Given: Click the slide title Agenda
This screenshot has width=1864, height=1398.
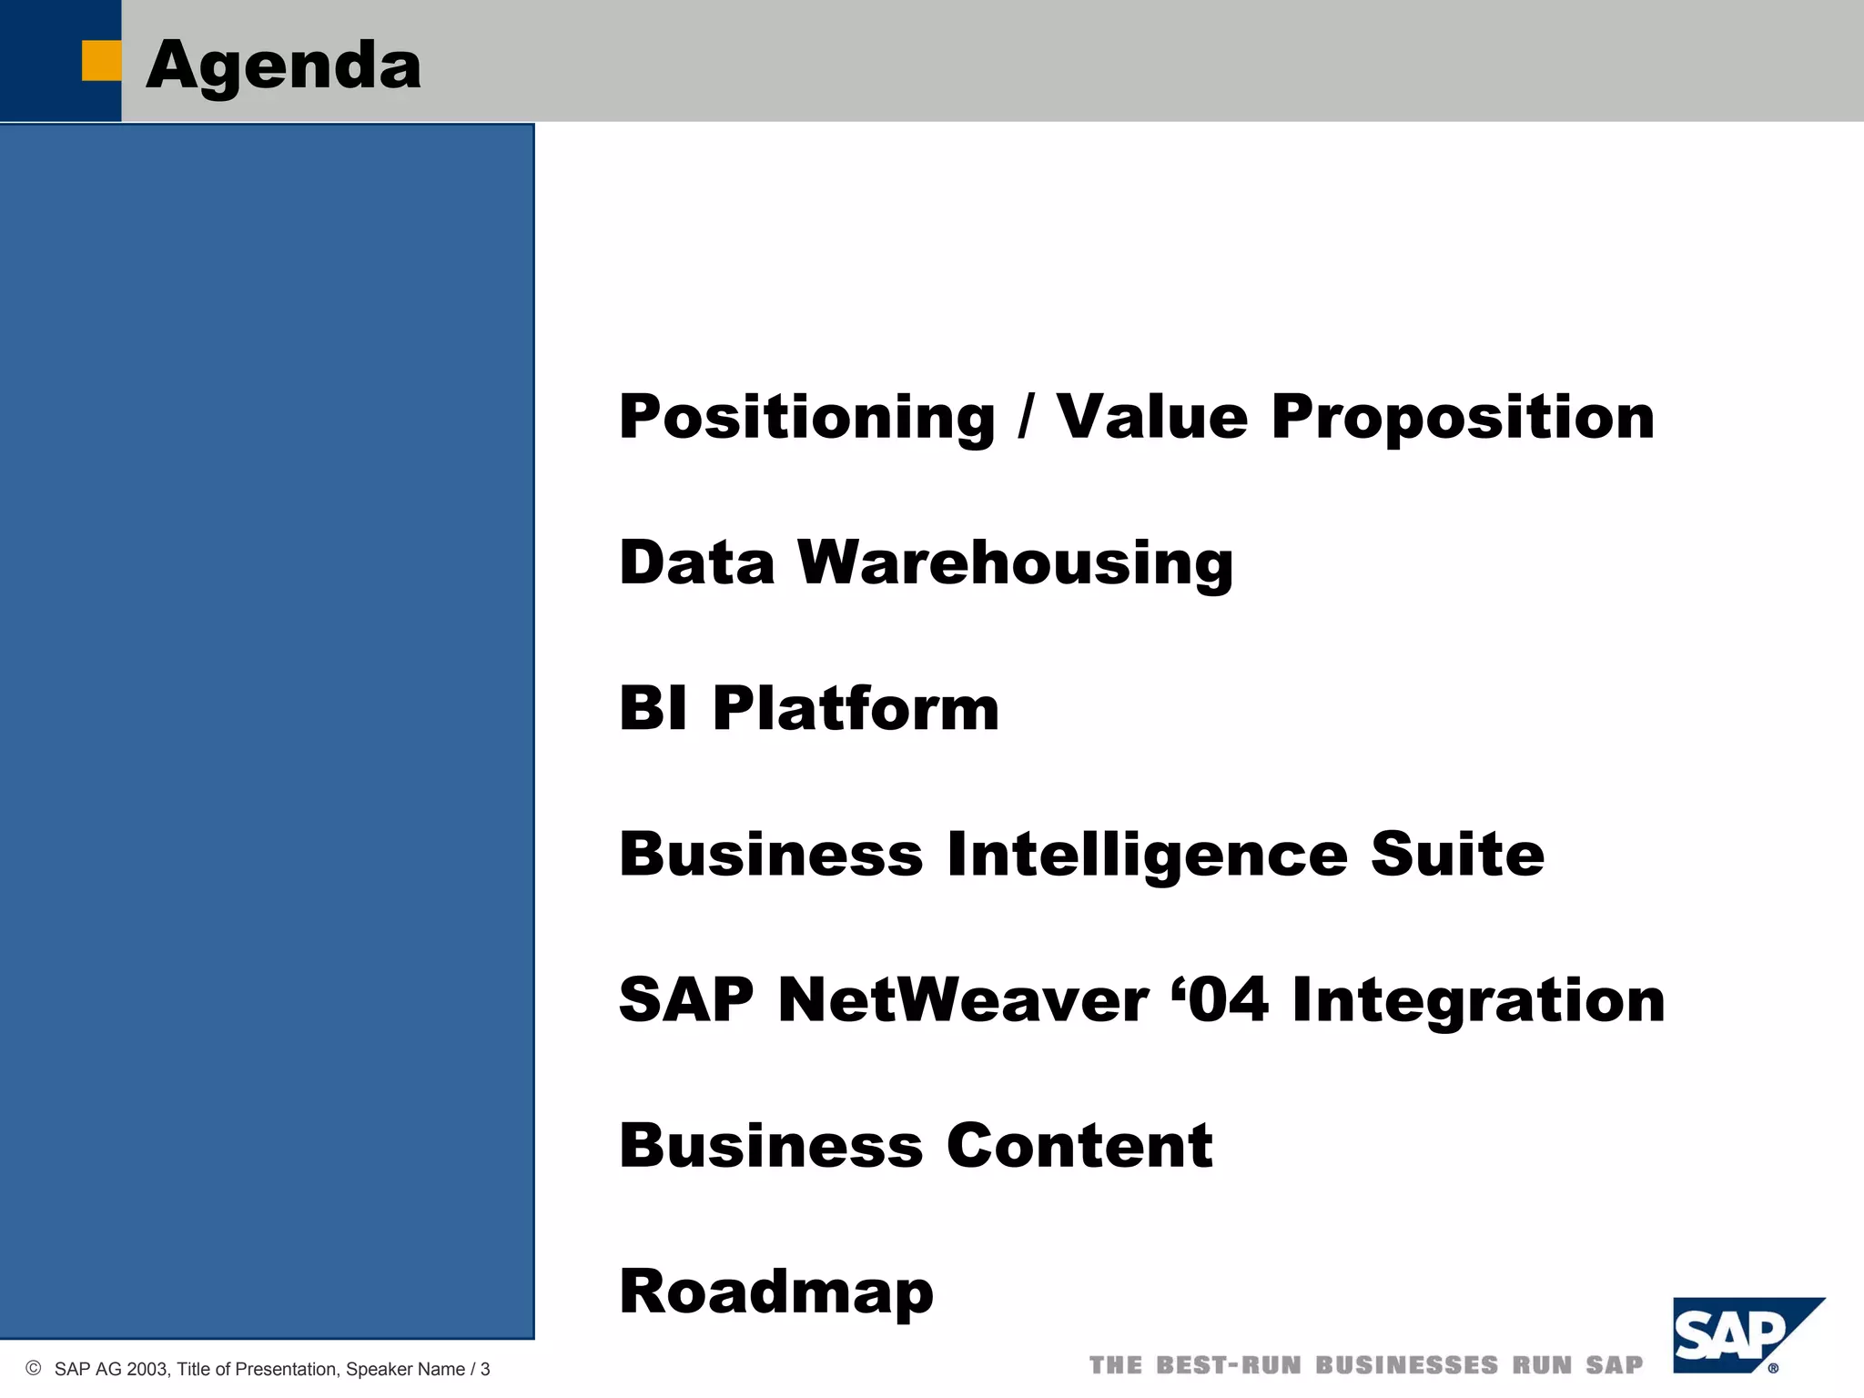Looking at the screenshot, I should click(x=283, y=66).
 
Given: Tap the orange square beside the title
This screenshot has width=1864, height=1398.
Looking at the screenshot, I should click(x=101, y=61).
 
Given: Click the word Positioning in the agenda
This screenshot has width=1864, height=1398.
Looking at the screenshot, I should click(x=807, y=417).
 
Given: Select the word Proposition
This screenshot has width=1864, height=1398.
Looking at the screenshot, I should click(x=1463, y=417).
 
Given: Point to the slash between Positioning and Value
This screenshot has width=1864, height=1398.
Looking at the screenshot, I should click(x=1027, y=417).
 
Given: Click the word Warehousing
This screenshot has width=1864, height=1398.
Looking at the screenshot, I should click(x=1015, y=562).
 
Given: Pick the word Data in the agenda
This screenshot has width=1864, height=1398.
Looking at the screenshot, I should click(x=696, y=562).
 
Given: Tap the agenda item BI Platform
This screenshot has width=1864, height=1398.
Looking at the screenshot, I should click(x=809, y=708).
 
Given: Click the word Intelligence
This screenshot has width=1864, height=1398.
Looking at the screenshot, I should click(x=1147, y=855).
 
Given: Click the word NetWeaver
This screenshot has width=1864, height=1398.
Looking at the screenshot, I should click(x=963, y=999).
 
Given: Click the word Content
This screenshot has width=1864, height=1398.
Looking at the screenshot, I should click(x=1079, y=1145).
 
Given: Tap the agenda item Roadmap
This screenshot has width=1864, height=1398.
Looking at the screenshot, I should click(x=776, y=1292).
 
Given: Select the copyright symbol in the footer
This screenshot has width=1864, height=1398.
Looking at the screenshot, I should click(x=34, y=1368).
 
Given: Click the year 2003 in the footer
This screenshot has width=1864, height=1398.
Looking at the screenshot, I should click(x=147, y=1369).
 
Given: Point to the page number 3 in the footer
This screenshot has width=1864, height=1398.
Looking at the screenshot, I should click(x=485, y=1369).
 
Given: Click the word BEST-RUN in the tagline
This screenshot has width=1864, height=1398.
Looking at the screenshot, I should click(x=1229, y=1365).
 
